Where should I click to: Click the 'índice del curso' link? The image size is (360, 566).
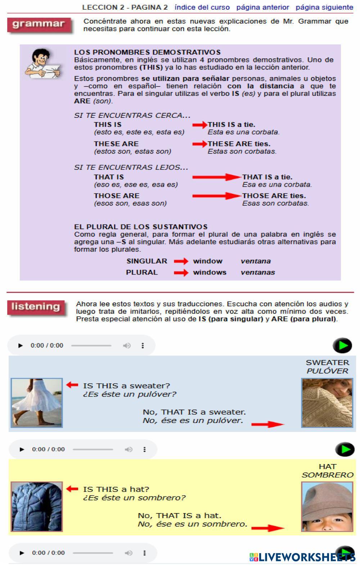(202, 7)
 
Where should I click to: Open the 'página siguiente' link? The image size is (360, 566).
(324, 7)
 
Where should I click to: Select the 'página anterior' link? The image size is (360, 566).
(262, 7)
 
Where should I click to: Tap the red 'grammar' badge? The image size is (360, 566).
(39, 25)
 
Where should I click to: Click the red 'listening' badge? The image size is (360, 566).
(36, 307)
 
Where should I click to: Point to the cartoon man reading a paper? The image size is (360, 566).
(42, 63)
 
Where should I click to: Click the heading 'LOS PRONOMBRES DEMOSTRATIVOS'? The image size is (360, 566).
(147, 52)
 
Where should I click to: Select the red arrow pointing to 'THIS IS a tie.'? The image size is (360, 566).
(200, 125)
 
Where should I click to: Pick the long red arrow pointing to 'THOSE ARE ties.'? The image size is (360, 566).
(217, 196)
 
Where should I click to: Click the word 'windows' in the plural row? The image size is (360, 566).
(210, 272)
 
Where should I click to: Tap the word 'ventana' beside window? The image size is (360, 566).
(256, 261)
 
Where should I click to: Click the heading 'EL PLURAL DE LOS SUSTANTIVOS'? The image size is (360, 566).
(141, 227)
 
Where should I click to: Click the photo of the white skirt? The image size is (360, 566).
(37, 403)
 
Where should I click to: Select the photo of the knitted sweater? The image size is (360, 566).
(327, 403)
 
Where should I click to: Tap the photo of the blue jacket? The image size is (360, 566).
(37, 507)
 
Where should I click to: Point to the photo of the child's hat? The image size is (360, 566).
(327, 507)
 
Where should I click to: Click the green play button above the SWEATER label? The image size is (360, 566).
(342, 346)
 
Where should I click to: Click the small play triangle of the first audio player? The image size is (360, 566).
(21, 346)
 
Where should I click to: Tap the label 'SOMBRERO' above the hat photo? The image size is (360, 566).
(328, 475)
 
